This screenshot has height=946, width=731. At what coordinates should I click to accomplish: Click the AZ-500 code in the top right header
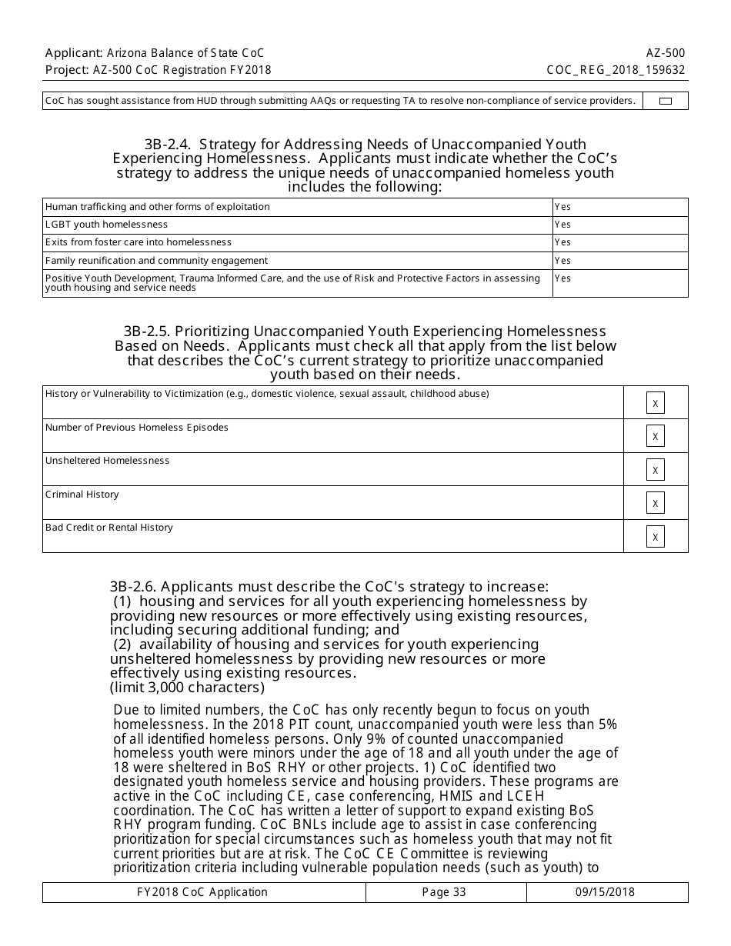(666, 53)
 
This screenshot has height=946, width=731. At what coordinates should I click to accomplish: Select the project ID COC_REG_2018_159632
(616, 70)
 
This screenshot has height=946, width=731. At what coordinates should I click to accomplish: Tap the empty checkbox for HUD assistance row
(666, 101)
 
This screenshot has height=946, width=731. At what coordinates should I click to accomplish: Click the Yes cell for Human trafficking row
(562, 207)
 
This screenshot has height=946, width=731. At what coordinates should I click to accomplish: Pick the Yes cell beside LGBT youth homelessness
(562, 225)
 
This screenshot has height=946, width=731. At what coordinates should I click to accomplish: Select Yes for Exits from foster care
(562, 242)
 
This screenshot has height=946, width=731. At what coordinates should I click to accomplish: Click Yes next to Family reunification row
(562, 261)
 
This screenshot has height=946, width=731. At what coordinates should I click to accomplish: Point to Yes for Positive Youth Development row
(562, 278)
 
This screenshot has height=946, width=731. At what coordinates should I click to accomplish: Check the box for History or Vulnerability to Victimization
(656, 403)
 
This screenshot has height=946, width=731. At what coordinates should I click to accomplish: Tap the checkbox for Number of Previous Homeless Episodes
(656, 436)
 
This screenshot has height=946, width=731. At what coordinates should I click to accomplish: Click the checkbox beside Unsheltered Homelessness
(656, 470)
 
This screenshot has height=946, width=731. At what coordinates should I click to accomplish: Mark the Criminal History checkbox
(656, 503)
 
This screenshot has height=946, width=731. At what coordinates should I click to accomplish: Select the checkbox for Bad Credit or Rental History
(656, 537)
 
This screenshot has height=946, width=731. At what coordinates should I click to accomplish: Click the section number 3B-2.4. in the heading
(167, 145)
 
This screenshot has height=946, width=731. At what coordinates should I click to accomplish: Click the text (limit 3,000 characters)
(187, 687)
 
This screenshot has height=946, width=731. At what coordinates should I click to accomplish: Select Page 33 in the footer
(444, 892)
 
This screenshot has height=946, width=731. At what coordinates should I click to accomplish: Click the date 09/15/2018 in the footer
(605, 892)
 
